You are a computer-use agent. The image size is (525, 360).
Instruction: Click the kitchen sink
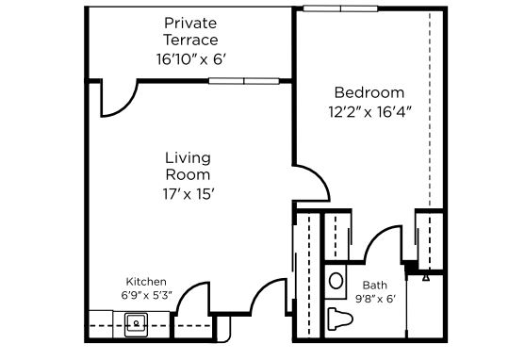(x=136, y=324)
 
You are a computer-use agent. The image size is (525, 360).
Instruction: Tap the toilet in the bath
(x=340, y=318)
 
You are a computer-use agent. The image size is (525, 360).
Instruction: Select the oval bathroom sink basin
(x=336, y=281)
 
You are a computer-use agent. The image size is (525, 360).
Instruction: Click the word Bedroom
(x=369, y=92)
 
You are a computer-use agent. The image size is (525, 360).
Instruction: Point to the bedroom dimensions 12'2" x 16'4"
(x=369, y=112)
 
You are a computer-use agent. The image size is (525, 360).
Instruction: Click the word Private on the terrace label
(x=190, y=24)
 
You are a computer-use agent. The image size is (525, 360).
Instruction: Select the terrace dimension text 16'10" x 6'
(x=191, y=59)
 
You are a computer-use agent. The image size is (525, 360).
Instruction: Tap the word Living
(x=188, y=157)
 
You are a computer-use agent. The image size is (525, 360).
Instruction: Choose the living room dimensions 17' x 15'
(x=189, y=194)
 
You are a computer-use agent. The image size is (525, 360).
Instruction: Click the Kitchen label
(x=146, y=282)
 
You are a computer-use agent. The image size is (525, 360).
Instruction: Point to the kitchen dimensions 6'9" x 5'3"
(x=146, y=295)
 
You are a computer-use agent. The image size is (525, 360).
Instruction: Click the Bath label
(x=375, y=286)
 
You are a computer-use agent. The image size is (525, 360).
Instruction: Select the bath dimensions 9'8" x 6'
(x=375, y=299)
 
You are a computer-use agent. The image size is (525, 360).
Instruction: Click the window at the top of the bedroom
(x=340, y=8)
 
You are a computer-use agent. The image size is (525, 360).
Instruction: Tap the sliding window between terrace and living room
(x=244, y=81)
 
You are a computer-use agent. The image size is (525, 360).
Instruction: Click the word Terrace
(x=190, y=41)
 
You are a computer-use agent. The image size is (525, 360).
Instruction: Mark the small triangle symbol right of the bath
(x=426, y=278)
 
